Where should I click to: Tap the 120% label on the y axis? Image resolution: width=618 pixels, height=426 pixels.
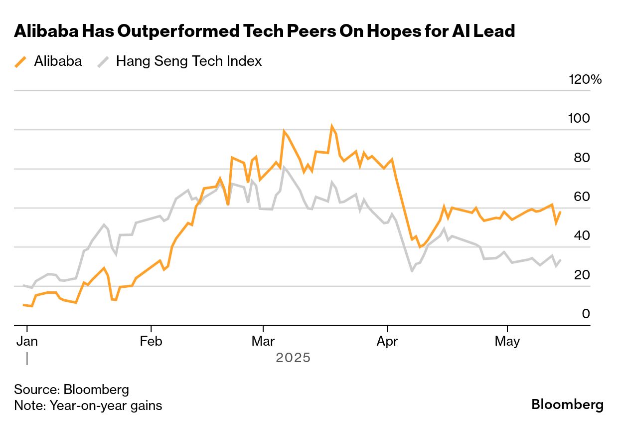click(x=585, y=79)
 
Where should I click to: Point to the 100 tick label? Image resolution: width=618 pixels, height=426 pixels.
click(x=579, y=119)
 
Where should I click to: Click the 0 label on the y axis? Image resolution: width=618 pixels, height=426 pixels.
click(x=586, y=314)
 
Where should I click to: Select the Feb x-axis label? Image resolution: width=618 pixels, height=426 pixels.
click(x=151, y=342)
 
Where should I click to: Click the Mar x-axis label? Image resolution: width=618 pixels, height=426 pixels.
click(x=263, y=342)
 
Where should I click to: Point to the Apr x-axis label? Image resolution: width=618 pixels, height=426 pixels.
click(x=387, y=342)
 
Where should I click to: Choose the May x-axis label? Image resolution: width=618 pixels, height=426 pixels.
click(x=507, y=342)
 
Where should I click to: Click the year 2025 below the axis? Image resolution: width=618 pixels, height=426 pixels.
click(x=293, y=358)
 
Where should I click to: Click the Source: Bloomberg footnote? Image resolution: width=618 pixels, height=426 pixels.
click(x=71, y=390)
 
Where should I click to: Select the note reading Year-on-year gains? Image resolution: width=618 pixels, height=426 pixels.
click(x=88, y=406)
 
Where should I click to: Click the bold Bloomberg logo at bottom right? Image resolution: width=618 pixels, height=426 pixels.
click(x=567, y=405)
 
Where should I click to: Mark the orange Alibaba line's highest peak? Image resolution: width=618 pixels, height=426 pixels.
click(x=332, y=126)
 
